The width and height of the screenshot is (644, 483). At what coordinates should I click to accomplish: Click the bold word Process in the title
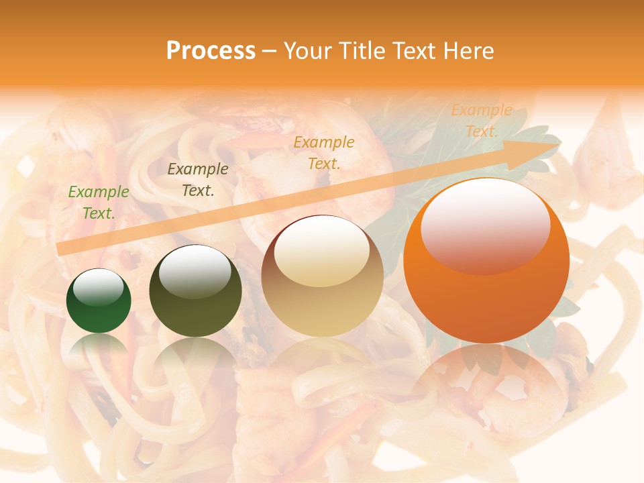point(211,51)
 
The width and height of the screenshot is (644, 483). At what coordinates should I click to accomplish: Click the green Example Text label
point(98,202)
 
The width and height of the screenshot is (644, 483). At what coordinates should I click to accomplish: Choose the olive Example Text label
point(197,180)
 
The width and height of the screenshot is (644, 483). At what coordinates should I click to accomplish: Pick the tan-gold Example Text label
point(324,152)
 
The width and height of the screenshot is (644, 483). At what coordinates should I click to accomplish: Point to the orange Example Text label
point(481,121)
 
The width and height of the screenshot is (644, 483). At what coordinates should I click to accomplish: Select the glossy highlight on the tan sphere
point(321,252)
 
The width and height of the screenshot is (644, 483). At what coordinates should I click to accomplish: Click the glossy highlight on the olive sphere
point(195,271)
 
